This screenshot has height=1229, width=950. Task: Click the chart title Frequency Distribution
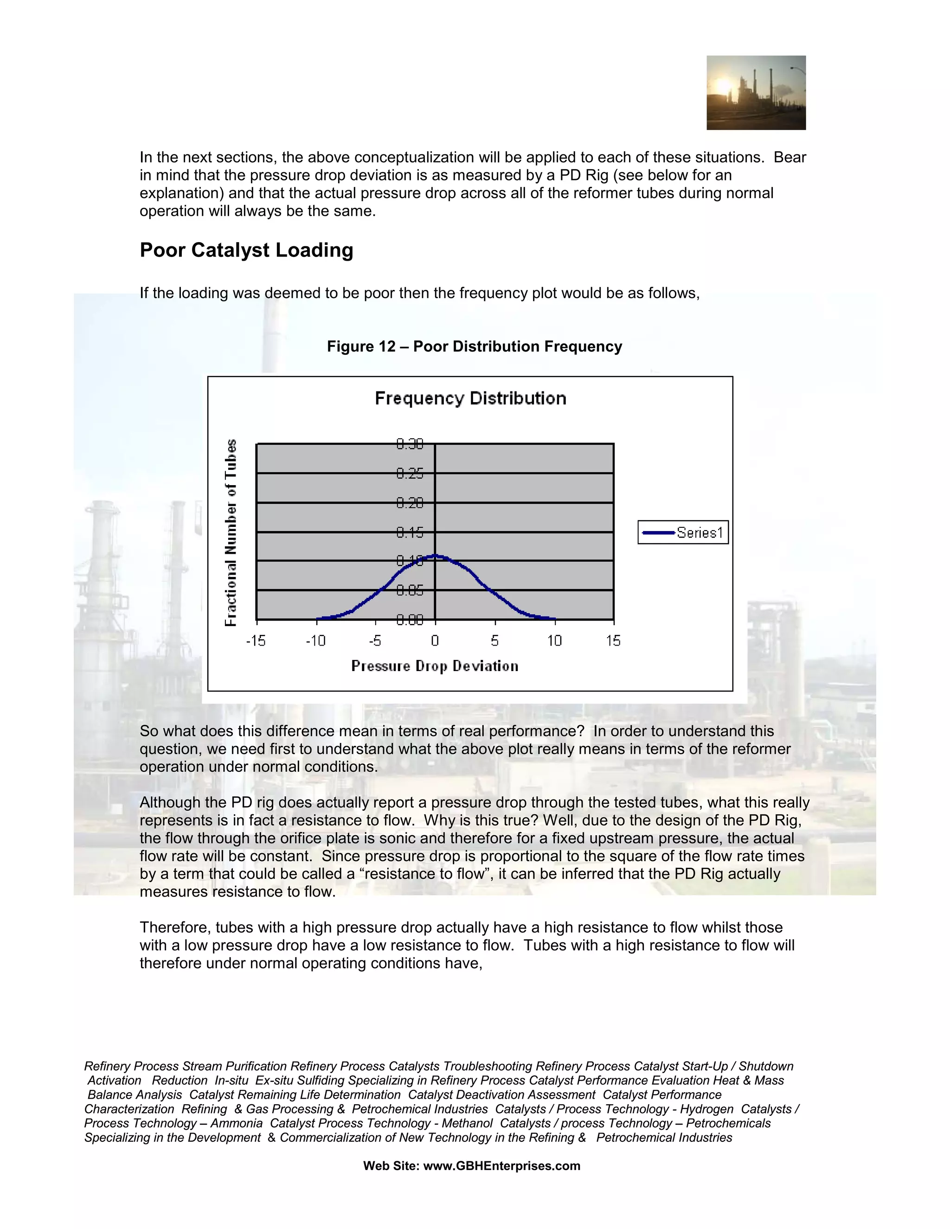pos(470,398)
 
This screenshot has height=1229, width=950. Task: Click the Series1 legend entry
pos(683,532)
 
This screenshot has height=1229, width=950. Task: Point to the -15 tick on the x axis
pos(256,640)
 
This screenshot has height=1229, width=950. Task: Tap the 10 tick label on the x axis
pos(554,640)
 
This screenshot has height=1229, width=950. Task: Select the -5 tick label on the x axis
pos(375,640)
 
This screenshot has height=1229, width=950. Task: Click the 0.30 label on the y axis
pos(410,445)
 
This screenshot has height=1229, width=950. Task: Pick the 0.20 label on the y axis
pos(410,503)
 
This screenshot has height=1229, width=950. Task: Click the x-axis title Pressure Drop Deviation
pos(435,666)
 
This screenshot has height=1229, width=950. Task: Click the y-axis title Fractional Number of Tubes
pos(231,532)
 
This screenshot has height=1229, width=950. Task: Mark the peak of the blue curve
pos(435,556)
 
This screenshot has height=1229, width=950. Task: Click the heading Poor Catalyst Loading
pos(246,250)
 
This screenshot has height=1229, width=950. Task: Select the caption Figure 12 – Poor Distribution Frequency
pos(475,346)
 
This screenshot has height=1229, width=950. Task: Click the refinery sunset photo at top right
pos(756,93)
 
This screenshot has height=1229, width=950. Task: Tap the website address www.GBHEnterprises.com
pos(501,1166)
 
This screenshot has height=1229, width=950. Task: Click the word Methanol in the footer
pos(467,1123)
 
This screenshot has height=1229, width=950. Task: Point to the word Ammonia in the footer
pos(237,1123)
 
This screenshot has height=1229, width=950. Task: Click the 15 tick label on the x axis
pos(613,640)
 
